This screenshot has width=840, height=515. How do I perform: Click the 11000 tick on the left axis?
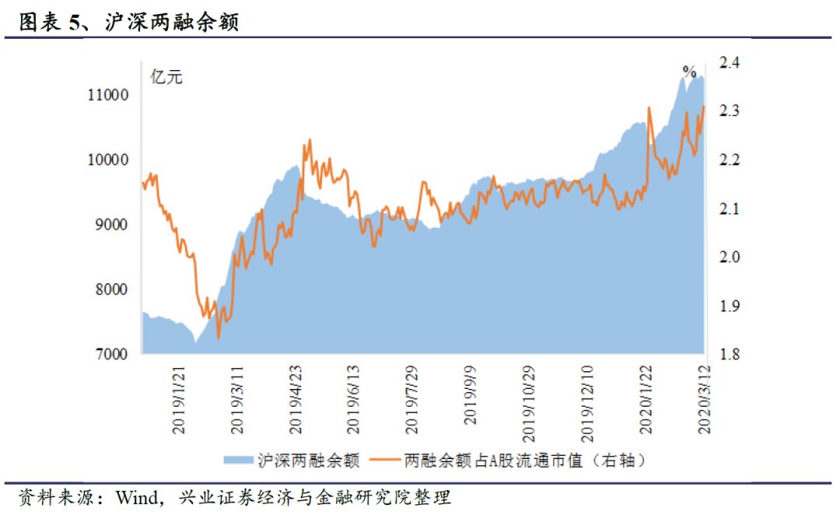(x=107, y=95)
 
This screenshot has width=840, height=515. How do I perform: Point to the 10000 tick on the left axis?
(x=107, y=159)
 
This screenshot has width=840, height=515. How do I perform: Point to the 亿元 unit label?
(x=166, y=77)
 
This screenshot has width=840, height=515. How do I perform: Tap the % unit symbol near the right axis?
(x=689, y=72)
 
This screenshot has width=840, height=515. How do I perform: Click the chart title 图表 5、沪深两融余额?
(x=128, y=23)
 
